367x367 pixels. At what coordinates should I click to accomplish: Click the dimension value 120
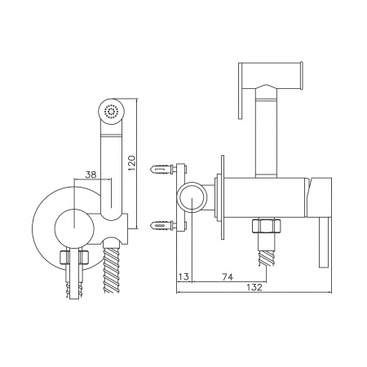pos(131,163)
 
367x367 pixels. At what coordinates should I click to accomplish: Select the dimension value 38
pos(91,175)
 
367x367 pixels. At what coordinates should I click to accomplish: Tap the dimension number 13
pos(184,276)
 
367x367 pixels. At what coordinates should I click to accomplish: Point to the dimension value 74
pos(228,276)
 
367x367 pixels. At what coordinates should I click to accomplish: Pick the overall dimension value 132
pos(254,287)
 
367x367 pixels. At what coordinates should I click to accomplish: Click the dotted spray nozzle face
pos(111,112)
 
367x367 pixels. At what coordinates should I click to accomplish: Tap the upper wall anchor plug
pos(162,169)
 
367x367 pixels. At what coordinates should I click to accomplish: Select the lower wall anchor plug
pos(162,225)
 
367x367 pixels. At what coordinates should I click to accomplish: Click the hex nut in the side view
pos(267,226)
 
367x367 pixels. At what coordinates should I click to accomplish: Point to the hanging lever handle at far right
pos(324,243)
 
